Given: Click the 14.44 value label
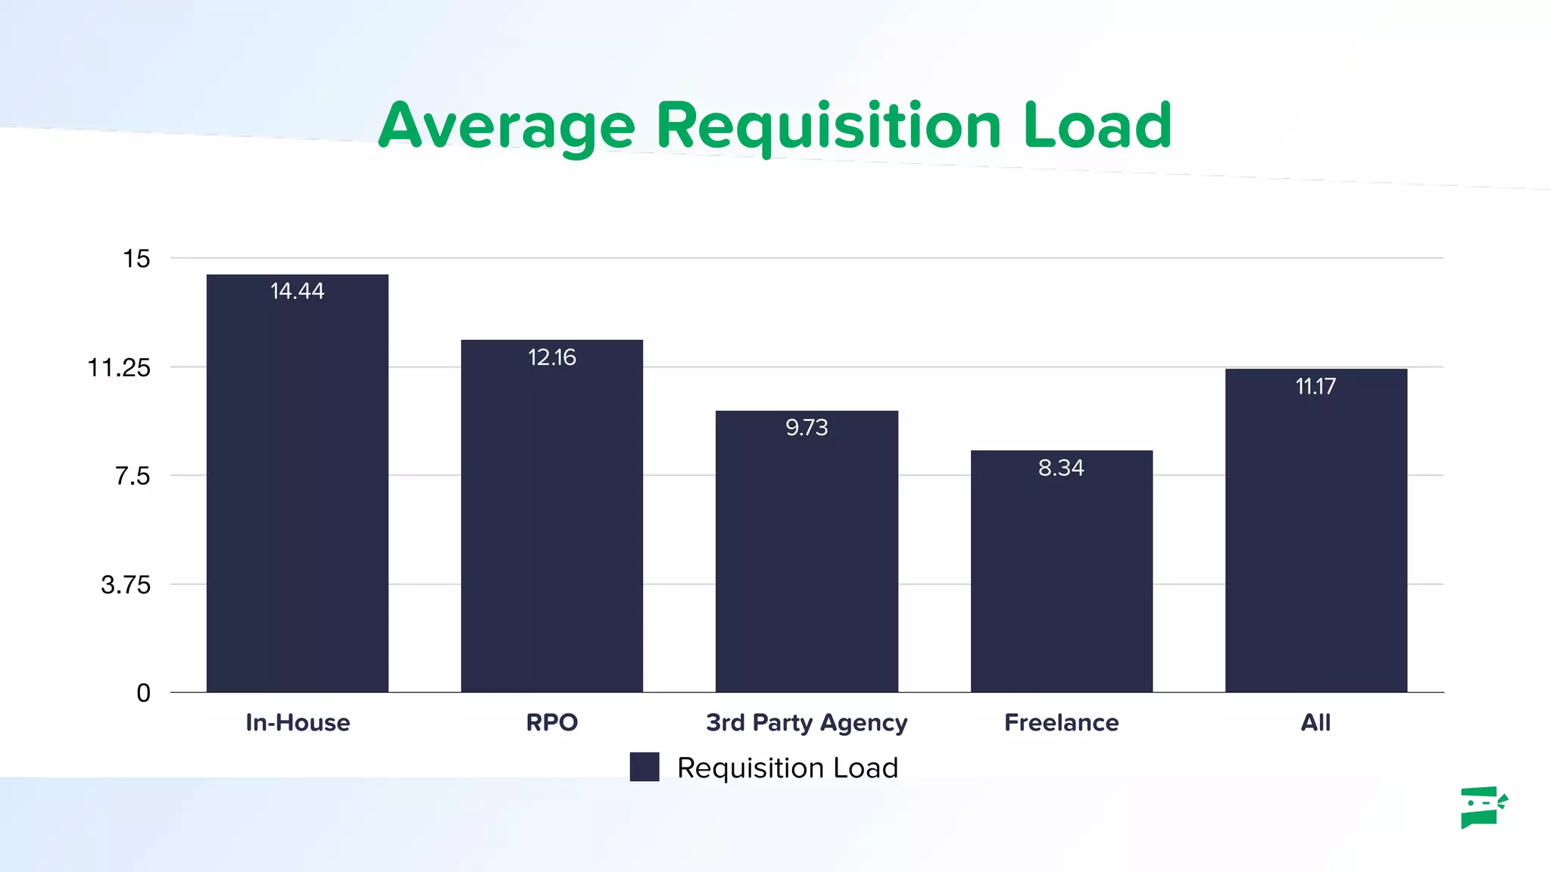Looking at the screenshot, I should coord(297,291).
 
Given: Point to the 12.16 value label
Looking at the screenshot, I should coord(551,357).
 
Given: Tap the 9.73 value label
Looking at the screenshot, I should coord(807,428).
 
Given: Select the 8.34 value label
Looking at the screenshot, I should coord(1061,468).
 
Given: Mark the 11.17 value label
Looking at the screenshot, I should coord(1315,387).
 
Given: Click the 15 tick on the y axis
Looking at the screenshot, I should coord(137,259).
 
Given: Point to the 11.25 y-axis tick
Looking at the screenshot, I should coord(120,368).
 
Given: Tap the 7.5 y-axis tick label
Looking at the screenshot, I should coord(133,476).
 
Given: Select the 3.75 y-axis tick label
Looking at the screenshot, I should coord(126,585).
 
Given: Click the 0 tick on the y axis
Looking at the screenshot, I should coord(143,693).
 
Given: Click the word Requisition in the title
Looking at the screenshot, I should coord(829,127).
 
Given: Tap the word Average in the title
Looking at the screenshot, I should coord(507,127).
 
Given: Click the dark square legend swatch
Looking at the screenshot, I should coord(644,767).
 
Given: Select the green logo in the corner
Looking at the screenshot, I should coord(1483,807).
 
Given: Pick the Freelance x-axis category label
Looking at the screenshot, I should coord(1061,723).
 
